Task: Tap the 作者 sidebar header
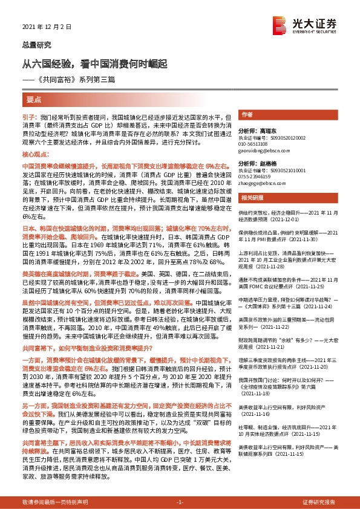(246, 114)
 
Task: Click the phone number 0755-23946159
(257, 178)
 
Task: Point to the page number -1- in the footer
(180, 502)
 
